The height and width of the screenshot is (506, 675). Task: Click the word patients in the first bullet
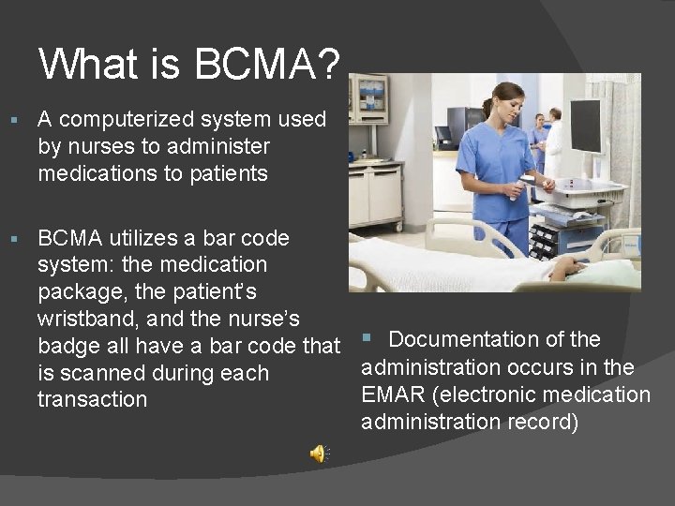click(226, 173)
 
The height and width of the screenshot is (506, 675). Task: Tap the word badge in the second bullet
click(66, 346)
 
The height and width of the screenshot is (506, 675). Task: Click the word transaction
click(92, 399)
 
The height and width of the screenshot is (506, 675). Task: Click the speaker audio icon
click(319, 454)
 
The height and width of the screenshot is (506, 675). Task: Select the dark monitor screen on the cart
click(586, 126)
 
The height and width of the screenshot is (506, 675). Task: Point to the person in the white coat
click(556, 141)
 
